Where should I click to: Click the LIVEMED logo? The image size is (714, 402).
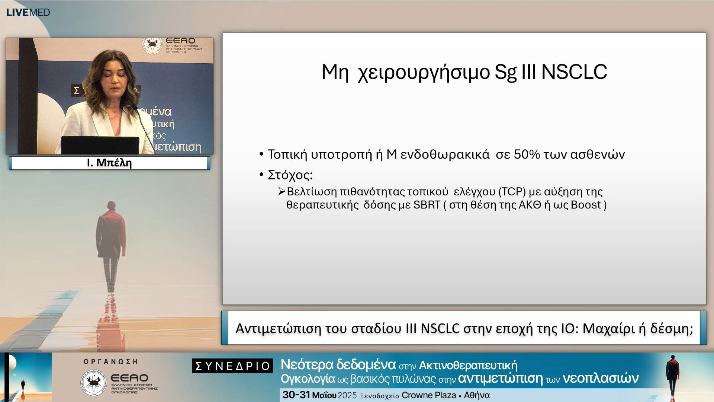[x=28, y=12]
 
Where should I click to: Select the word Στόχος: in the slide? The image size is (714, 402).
[x=290, y=175]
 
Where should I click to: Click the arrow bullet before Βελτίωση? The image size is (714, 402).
[x=282, y=191]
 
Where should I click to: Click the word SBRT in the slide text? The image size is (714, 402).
[x=427, y=205]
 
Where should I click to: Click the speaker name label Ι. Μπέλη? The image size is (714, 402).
[x=109, y=163]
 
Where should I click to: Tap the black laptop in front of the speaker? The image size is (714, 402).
[x=100, y=145]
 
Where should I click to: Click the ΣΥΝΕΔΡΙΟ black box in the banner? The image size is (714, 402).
[x=232, y=366]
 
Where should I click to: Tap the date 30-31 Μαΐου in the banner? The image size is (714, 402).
[x=309, y=395]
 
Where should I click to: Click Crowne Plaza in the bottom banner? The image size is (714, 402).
[x=428, y=395]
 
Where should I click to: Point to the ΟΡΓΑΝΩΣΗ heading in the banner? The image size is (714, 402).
[x=111, y=361]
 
